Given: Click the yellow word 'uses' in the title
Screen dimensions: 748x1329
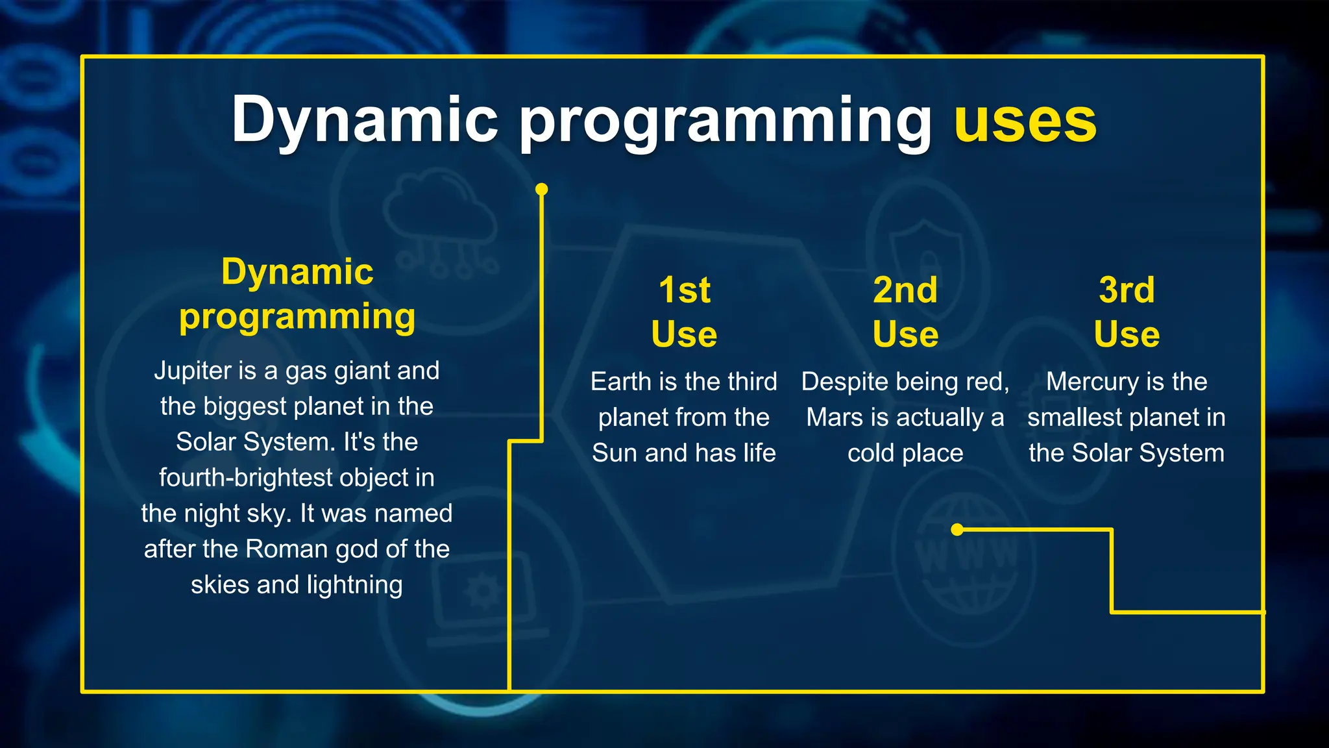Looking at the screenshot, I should (1025, 121).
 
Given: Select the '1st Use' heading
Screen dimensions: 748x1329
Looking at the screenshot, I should (684, 312).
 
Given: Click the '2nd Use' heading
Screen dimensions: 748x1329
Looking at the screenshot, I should (905, 312).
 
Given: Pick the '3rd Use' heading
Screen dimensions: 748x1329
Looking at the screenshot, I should (1127, 312).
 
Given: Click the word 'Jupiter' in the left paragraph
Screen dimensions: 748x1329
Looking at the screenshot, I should (192, 371).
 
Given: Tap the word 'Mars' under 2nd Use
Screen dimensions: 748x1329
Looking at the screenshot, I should (833, 418).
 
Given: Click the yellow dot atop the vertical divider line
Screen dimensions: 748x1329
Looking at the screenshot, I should (542, 189).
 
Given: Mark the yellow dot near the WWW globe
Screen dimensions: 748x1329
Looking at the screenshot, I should (957, 530).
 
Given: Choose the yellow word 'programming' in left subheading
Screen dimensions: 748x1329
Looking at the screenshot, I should (297, 317).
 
